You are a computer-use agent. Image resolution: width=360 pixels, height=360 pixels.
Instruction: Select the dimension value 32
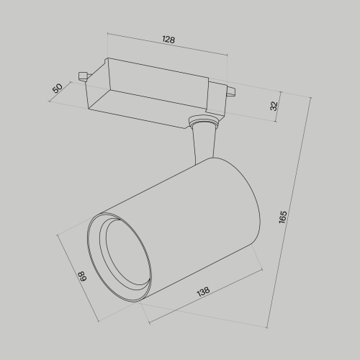(274, 105)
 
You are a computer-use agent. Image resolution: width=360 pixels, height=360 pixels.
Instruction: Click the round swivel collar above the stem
(203, 123)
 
